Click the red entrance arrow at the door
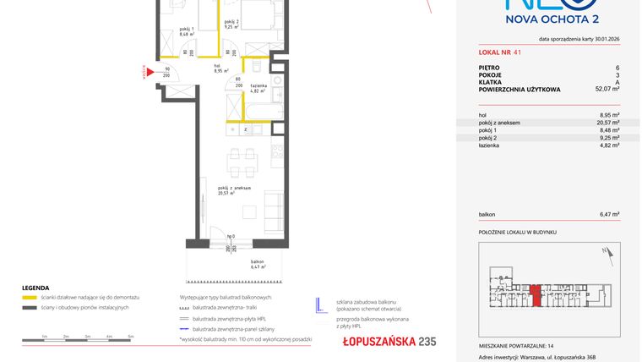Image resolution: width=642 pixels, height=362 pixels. click(x=150, y=73)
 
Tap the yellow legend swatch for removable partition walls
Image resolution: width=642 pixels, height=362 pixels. click(x=30, y=298)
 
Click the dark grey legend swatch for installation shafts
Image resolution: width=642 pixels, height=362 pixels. click(x=30, y=307)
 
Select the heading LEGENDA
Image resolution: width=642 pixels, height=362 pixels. click(x=35, y=288)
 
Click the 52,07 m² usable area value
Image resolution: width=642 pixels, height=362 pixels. click(x=607, y=88)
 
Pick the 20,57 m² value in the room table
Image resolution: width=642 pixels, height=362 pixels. click(x=609, y=123)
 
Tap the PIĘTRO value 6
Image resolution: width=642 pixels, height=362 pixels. click(x=618, y=67)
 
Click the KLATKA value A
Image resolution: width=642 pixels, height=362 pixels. click(x=618, y=81)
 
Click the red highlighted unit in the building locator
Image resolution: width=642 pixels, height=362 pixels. click(x=536, y=297)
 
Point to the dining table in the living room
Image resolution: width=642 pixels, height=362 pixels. click(x=241, y=158)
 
